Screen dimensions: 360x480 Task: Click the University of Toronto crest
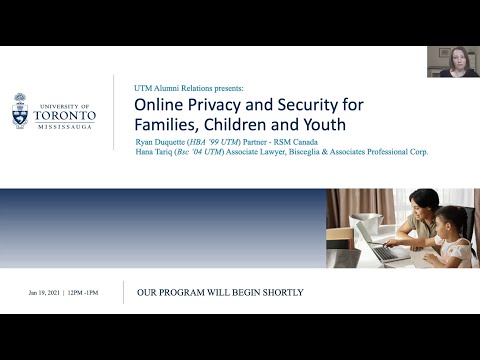tap(26, 112)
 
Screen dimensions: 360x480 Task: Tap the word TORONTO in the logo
tap(67, 114)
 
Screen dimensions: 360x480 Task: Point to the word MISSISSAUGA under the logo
tap(67, 127)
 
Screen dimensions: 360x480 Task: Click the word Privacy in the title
tap(218, 105)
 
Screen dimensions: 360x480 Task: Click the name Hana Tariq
tap(159, 152)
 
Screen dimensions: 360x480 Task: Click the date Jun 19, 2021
tap(46, 293)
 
